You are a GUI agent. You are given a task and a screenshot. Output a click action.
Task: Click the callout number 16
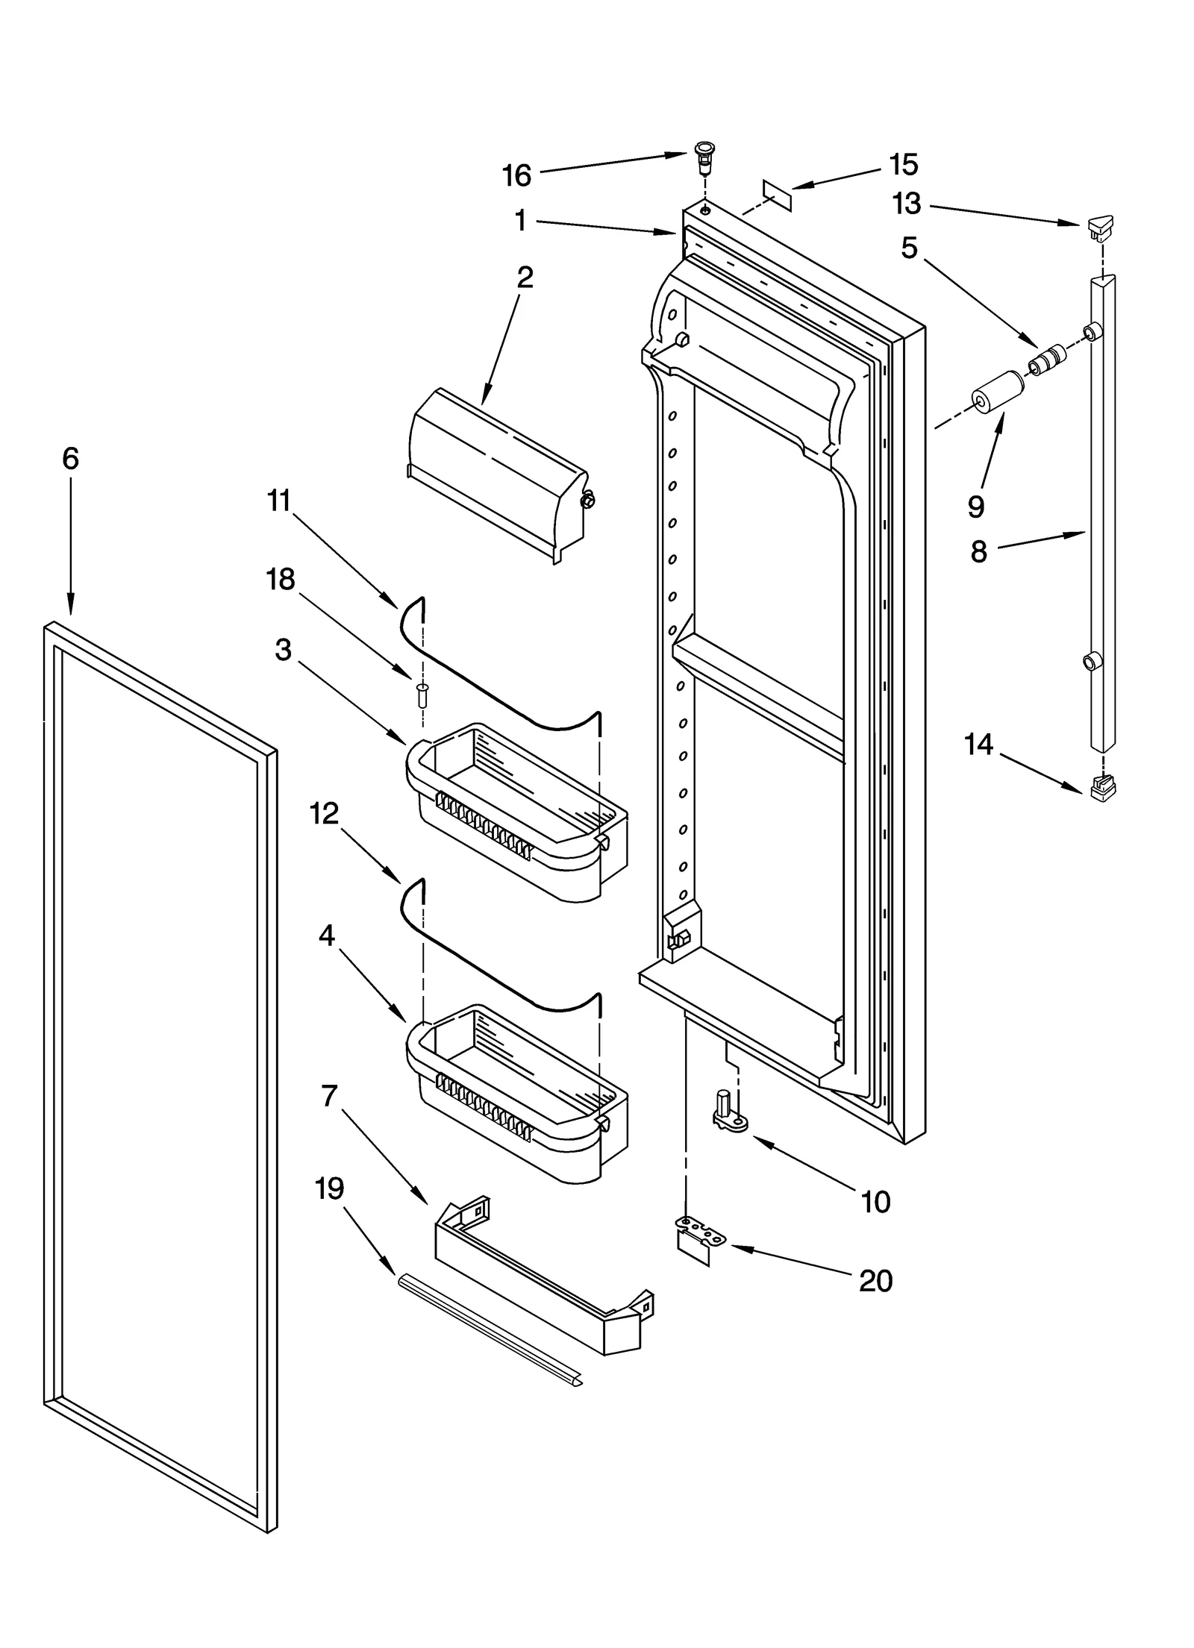pos(516,176)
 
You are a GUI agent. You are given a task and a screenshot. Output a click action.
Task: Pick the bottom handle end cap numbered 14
pos(1103,787)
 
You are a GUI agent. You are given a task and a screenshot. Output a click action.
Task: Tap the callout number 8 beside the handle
pos(978,552)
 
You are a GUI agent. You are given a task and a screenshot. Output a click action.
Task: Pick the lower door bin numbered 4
pos(515,1093)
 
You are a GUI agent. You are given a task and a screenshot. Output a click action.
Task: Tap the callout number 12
pos(324,813)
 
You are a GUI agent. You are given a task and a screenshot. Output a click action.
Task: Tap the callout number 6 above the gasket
pos(70,458)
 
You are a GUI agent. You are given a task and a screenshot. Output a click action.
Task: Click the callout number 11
pos(278,501)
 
